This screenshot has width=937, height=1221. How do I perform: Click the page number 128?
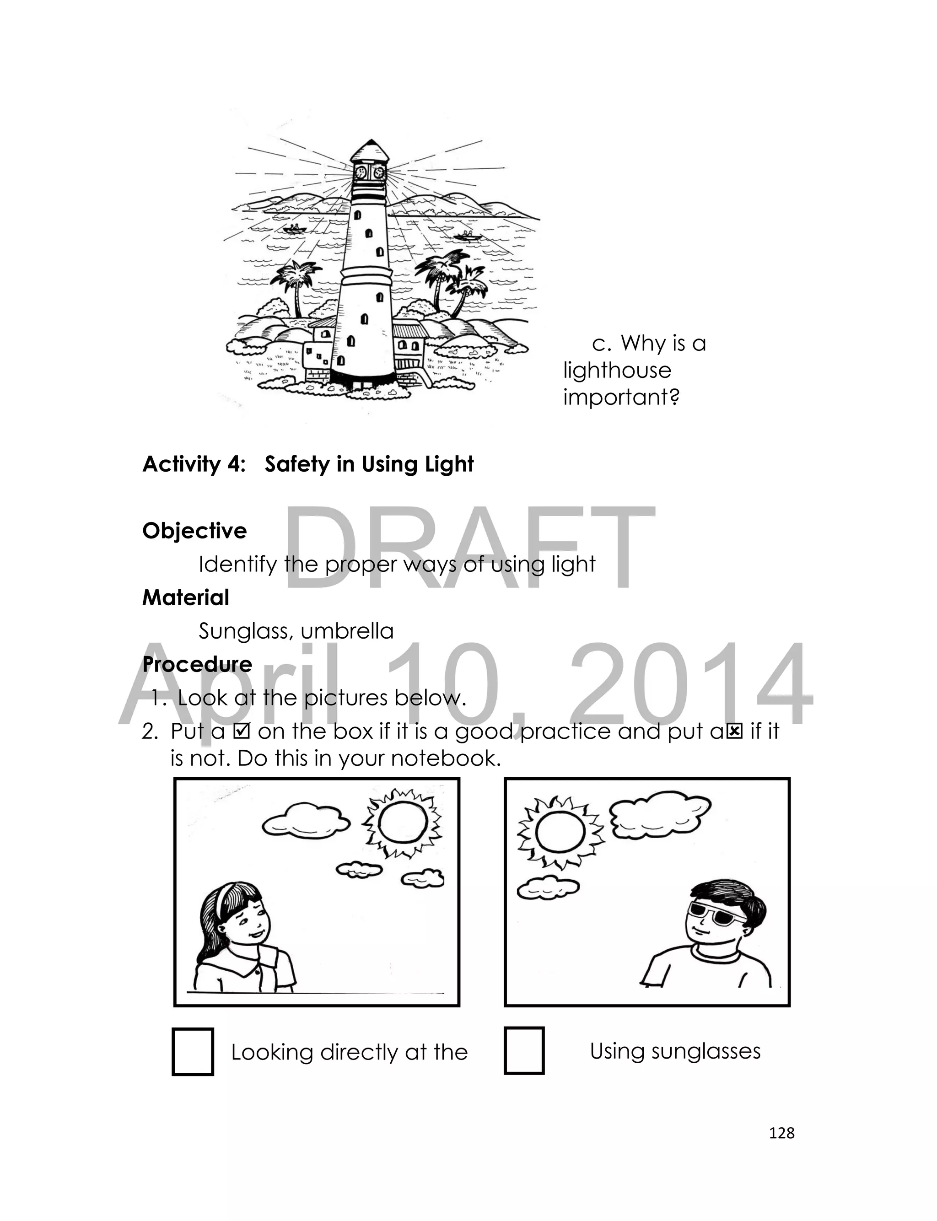(x=781, y=1133)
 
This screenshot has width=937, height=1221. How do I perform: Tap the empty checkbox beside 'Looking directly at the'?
(x=193, y=1052)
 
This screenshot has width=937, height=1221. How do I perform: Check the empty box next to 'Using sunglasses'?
(x=524, y=1051)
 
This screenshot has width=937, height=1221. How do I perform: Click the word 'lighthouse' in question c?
(x=617, y=371)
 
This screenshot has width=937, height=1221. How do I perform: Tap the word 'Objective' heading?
(x=194, y=531)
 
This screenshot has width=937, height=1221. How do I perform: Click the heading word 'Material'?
(x=186, y=597)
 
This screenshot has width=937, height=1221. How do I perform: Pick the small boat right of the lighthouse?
(x=468, y=236)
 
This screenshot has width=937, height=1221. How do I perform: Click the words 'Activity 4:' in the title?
(x=194, y=464)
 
